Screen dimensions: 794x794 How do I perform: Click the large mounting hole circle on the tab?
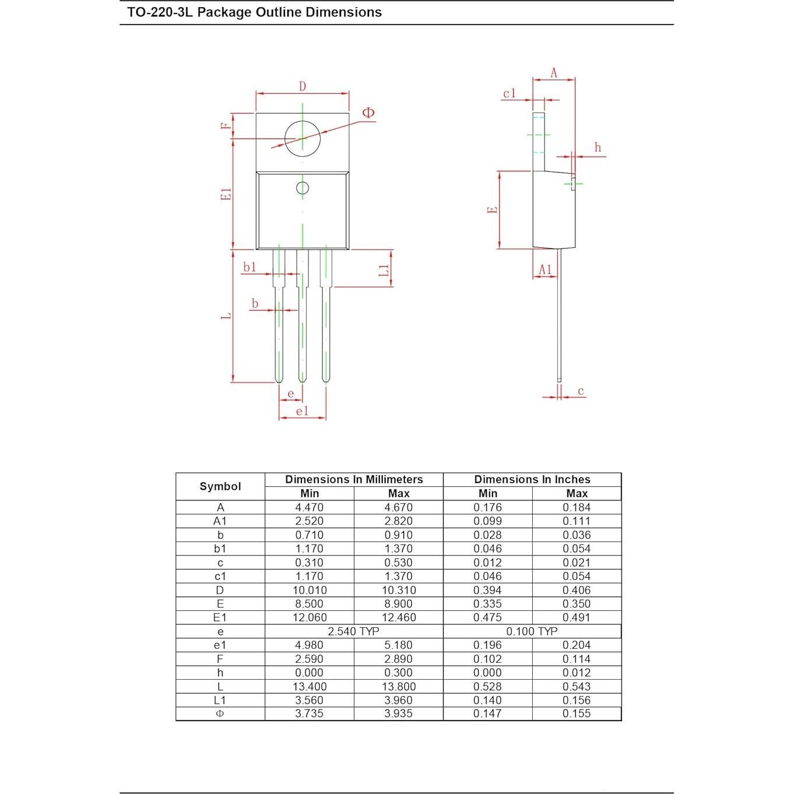(x=303, y=139)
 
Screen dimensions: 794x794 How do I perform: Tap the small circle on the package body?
(x=303, y=188)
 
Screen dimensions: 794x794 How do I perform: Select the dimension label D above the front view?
(x=303, y=86)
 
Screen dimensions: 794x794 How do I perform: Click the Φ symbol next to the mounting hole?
(x=368, y=113)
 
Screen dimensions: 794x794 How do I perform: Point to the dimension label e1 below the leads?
(x=302, y=411)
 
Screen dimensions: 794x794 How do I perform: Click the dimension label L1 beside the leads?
(x=384, y=270)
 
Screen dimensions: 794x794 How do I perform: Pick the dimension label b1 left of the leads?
(x=250, y=267)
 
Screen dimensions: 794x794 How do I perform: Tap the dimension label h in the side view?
(x=598, y=147)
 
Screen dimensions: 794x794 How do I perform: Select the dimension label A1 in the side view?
(x=545, y=269)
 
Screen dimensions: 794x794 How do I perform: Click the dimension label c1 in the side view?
(x=510, y=93)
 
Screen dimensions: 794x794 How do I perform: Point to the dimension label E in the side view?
(x=493, y=210)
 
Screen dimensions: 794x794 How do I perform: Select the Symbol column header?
(x=220, y=486)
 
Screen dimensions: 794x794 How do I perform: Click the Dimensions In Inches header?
(x=532, y=479)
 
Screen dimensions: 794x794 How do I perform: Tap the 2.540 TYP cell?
(x=353, y=631)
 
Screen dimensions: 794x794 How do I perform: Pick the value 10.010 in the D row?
(x=310, y=590)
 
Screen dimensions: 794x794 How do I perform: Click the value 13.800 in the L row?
(x=399, y=687)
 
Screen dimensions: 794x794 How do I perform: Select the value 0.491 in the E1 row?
(x=576, y=617)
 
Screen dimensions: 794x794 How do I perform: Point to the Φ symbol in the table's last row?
(x=220, y=714)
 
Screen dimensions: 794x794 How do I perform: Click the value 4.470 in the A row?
(x=310, y=507)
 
